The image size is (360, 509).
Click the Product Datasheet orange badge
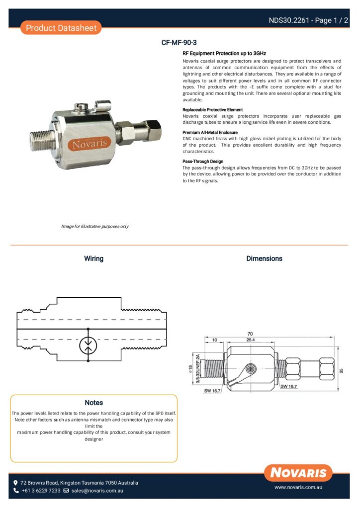pyautogui.click(x=61, y=28)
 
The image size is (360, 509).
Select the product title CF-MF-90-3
pyautogui.click(x=182, y=43)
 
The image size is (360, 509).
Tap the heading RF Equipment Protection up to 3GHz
pyautogui.click(x=224, y=53)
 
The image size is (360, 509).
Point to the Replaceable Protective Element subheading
pyautogui.click(x=213, y=109)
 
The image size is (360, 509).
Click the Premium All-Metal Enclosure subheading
pyautogui.click(x=210, y=133)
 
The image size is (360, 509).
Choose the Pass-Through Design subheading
pyautogui.click(x=203, y=162)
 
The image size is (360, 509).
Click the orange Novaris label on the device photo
pyautogui.click(x=89, y=145)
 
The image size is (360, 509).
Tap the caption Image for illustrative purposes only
pyautogui.click(x=95, y=227)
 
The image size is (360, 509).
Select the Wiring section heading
pyautogui.click(x=93, y=258)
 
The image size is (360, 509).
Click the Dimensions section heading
pyautogui.click(x=264, y=258)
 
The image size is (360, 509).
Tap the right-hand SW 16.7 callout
pyautogui.click(x=289, y=386)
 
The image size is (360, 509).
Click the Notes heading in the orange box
pyautogui.click(x=93, y=402)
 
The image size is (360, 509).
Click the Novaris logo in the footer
pyautogui.click(x=298, y=472)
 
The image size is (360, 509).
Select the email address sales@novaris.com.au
pyautogui.click(x=97, y=491)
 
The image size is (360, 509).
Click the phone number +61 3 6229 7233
pyautogui.click(x=41, y=491)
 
